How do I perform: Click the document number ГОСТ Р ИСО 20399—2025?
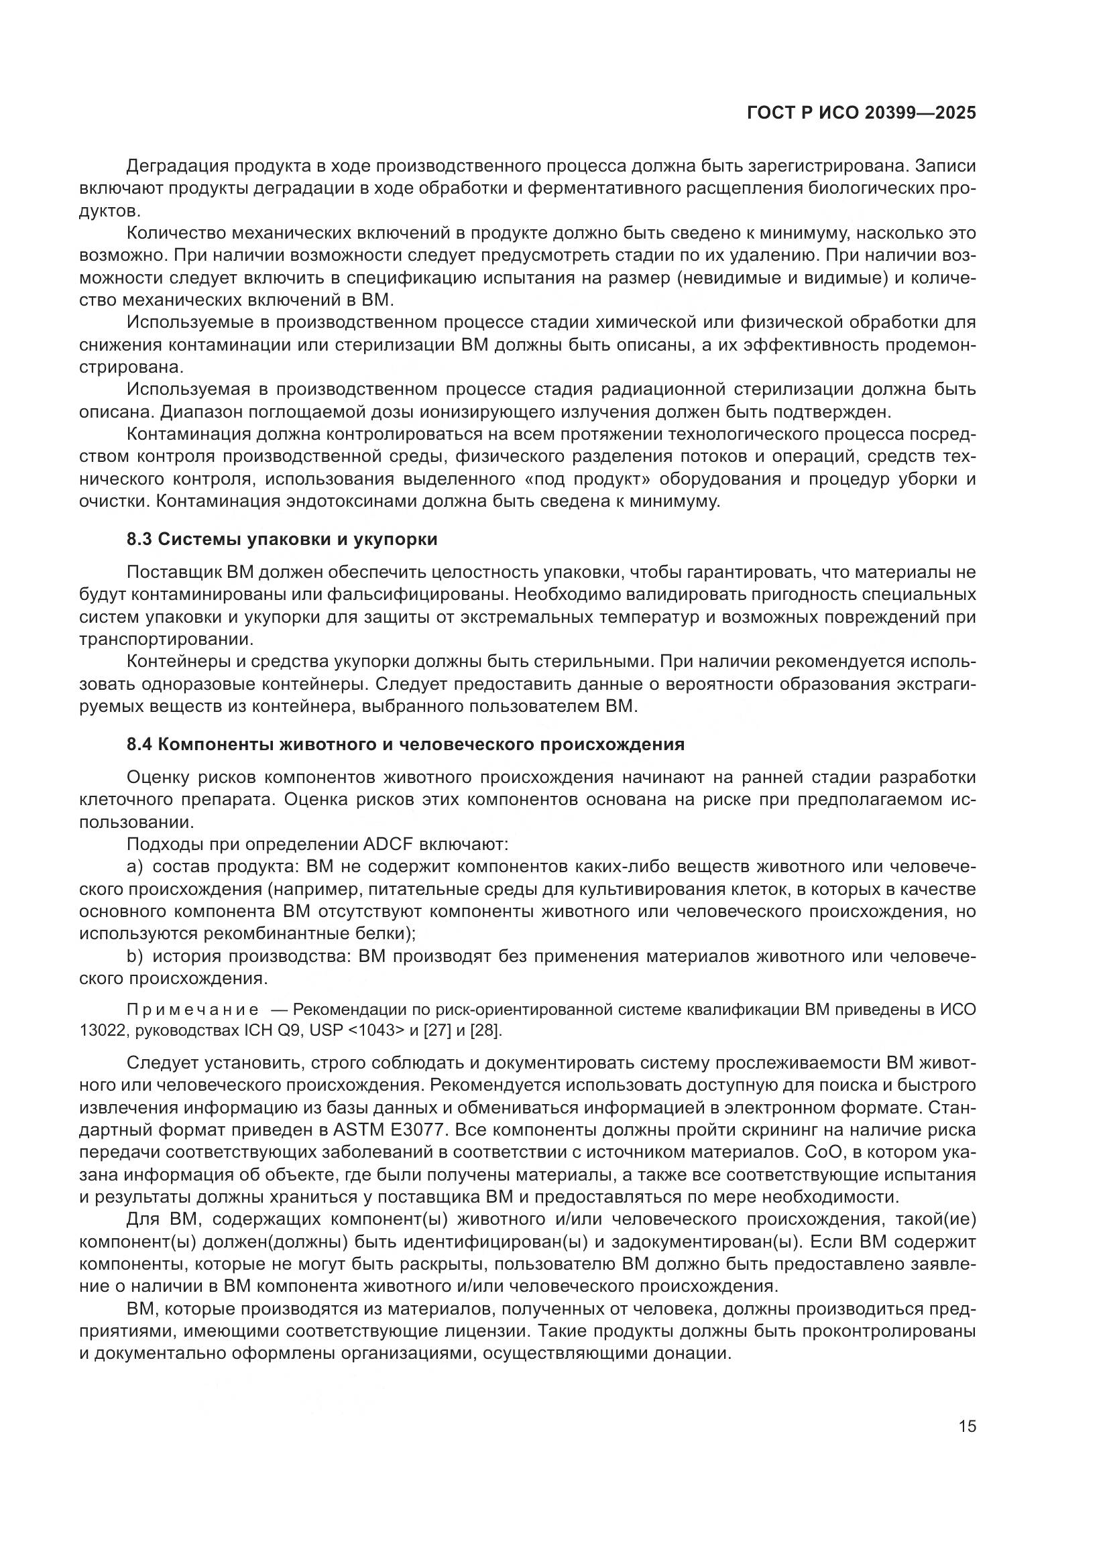[x=862, y=113]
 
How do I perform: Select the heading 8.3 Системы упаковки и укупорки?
[x=282, y=540]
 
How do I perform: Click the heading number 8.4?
[x=139, y=744]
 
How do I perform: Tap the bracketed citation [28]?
[x=485, y=1030]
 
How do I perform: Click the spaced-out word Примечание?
[x=192, y=1010]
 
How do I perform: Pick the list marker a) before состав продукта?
[x=134, y=867]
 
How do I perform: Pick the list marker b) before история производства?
[x=134, y=957]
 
